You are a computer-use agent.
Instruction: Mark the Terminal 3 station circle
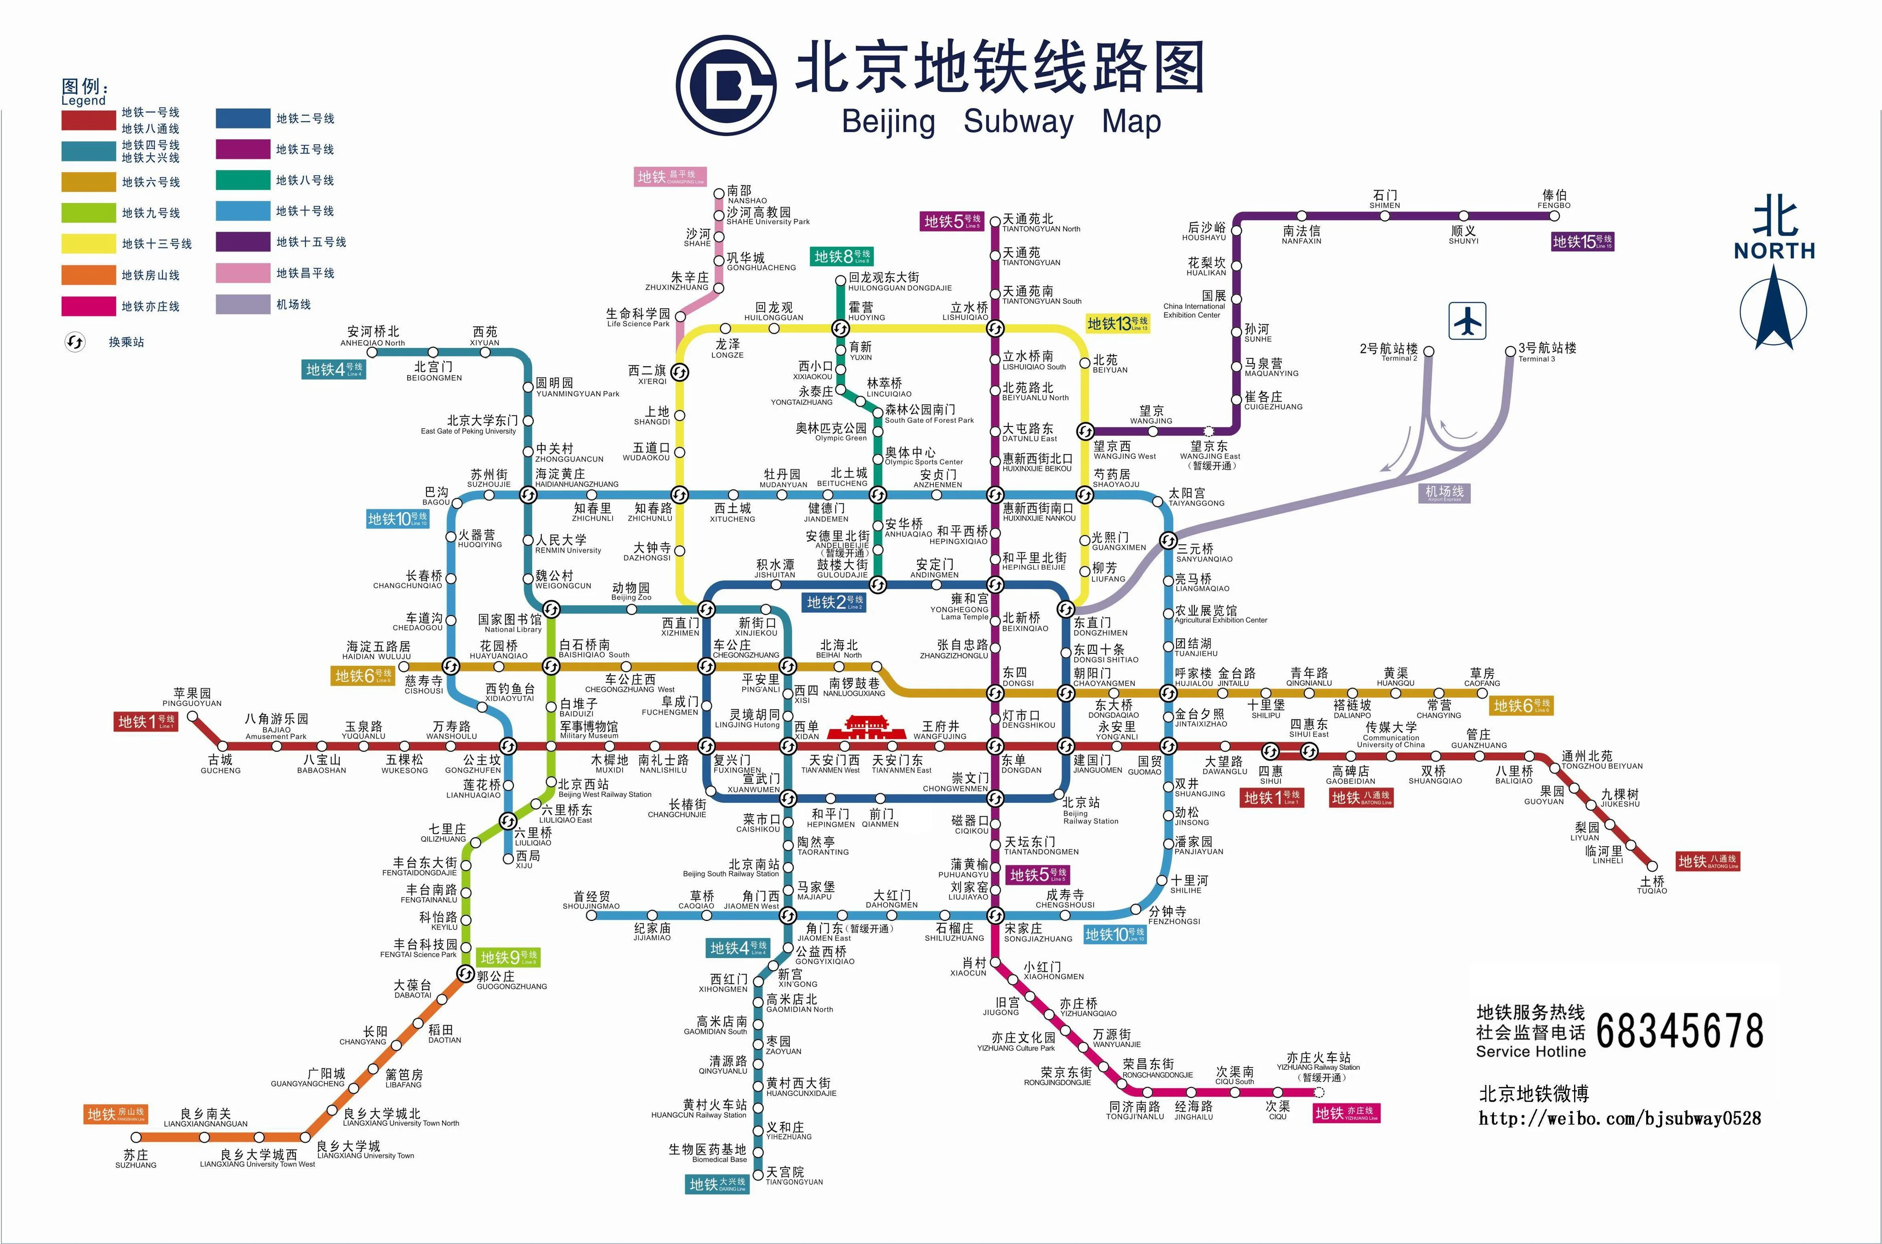pyautogui.click(x=1510, y=351)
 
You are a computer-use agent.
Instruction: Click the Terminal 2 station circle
pyautogui.click(x=1428, y=351)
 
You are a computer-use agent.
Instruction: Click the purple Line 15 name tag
pyautogui.click(x=1582, y=241)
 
